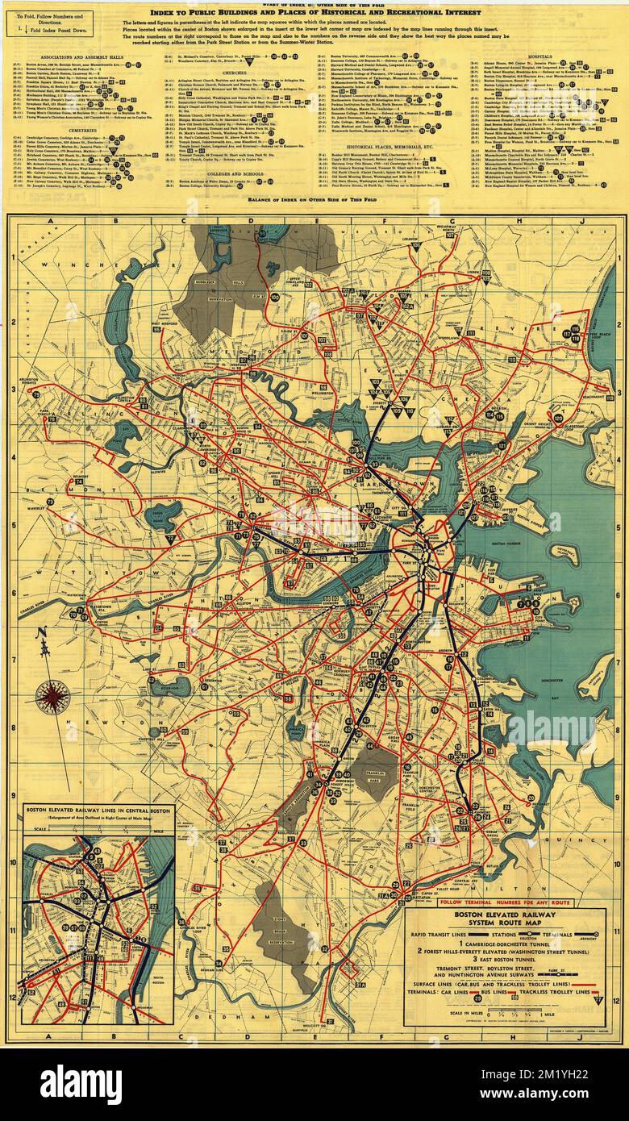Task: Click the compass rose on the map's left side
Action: [53, 696]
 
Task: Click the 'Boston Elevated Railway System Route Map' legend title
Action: [506, 920]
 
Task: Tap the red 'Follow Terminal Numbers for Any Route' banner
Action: [506, 902]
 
